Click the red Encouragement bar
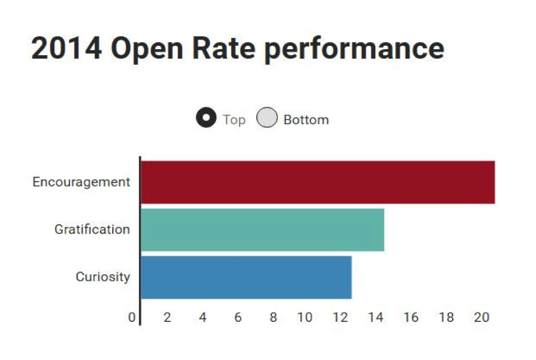[x=317, y=182]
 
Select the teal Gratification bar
[x=262, y=230]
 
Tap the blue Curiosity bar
[x=246, y=277]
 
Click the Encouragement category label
[x=81, y=182]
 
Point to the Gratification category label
[x=92, y=229]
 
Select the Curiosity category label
[x=103, y=277]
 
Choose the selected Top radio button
[x=206, y=119]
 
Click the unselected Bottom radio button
[x=267, y=119]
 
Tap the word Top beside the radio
[x=234, y=120]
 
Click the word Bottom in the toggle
[x=306, y=120]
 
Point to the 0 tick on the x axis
[x=132, y=318]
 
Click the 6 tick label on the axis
[x=238, y=318]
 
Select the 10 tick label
[x=305, y=318]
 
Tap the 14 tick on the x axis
[x=375, y=318]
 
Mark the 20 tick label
[x=481, y=318]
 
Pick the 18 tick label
[x=446, y=318]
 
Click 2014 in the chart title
[x=66, y=49]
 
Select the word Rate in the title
[x=224, y=49]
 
